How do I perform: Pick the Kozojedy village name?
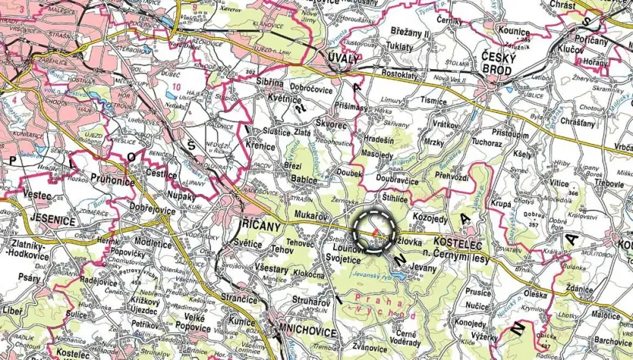point(429,218)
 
